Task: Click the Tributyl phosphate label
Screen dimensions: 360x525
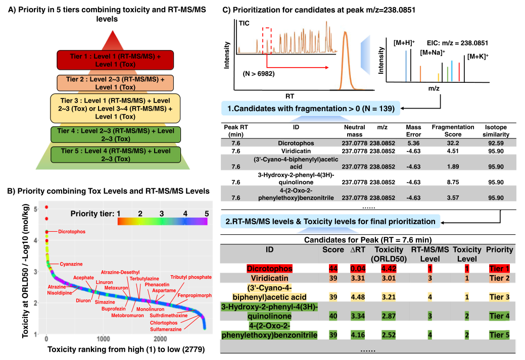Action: [190, 277]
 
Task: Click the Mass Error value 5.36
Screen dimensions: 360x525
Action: [413, 143]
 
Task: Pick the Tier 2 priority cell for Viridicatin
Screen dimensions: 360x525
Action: [499, 278]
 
